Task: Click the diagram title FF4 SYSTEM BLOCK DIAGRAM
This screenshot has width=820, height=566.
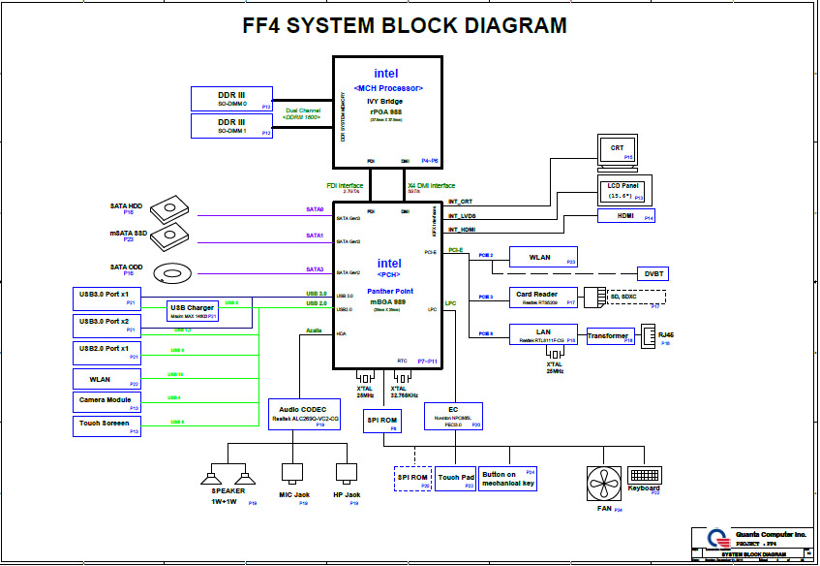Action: coord(405,26)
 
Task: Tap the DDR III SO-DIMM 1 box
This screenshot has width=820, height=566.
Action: coord(232,126)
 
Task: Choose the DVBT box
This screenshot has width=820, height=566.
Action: coord(654,273)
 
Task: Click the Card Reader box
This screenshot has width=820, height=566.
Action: coord(544,298)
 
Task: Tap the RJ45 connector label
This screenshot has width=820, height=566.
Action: coord(666,334)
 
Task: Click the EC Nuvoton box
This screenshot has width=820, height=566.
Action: coord(454,417)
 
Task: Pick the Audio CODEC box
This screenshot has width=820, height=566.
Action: coord(308,414)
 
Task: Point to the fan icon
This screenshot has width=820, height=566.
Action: coord(604,484)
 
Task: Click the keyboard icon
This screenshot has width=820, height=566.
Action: coord(645,476)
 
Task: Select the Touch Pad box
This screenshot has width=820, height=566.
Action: coord(456,479)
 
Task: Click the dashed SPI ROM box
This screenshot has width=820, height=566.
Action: coord(411,479)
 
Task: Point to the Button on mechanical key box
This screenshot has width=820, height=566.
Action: coord(509,479)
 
